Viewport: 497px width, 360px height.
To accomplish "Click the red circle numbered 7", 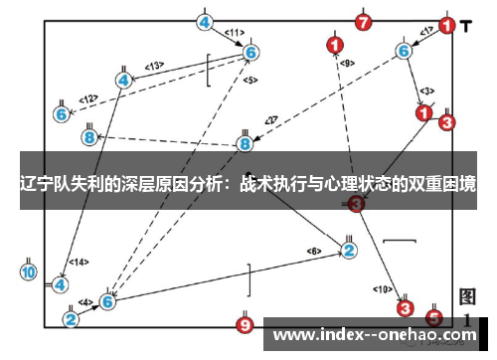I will (364, 22).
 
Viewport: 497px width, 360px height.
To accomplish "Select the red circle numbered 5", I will (433, 318).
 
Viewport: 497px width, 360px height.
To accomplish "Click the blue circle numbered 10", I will (28, 270).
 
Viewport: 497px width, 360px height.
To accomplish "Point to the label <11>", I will (234, 33).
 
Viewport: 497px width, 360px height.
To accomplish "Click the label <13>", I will (154, 66).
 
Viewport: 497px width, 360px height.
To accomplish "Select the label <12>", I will (89, 98).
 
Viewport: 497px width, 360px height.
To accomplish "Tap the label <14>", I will (80, 263).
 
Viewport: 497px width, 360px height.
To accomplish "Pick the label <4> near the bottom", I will (86, 301).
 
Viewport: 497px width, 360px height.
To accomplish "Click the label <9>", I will (347, 63).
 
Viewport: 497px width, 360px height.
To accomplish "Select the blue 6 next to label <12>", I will (61, 114).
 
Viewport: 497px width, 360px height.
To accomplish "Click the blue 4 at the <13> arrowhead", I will (123, 80).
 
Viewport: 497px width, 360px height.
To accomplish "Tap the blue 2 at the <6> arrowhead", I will (349, 250).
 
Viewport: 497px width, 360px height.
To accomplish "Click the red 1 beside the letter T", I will (447, 27).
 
